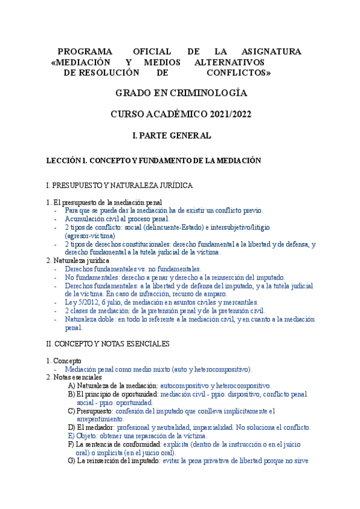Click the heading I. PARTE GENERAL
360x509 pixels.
pos(171,136)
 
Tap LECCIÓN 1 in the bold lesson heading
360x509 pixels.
pos(67,160)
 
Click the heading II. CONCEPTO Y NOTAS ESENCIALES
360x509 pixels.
pos(108,344)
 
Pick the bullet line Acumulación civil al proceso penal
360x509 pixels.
pos(111,218)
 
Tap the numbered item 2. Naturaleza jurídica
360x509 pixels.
pos(77,261)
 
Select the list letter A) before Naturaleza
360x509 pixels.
pos(71,385)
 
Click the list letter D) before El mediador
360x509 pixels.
pos(71,427)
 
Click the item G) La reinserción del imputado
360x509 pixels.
pos(117,461)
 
